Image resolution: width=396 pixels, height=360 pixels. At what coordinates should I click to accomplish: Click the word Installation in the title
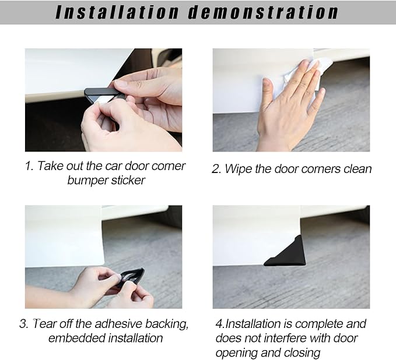tap(117, 12)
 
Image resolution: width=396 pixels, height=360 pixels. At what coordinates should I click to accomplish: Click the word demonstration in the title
tap(263, 12)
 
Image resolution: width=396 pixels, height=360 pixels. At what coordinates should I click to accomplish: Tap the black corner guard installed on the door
tap(286, 253)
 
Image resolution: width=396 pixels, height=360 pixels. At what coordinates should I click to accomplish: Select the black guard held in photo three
tap(131, 277)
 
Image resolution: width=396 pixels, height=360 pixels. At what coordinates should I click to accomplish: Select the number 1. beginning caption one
tap(29, 166)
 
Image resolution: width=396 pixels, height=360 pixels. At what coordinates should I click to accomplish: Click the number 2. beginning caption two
tap(216, 169)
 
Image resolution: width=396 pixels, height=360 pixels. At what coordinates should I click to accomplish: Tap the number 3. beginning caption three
tap(24, 324)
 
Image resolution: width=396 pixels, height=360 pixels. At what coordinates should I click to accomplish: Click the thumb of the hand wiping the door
tap(268, 90)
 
